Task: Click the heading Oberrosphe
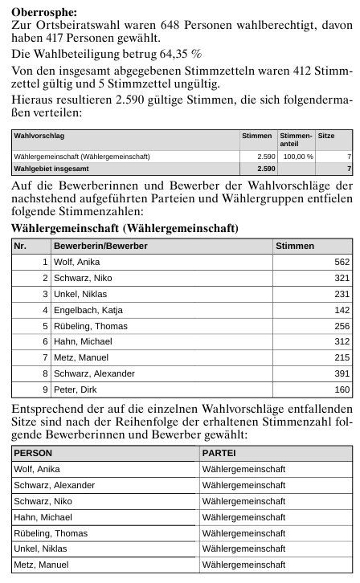(44, 13)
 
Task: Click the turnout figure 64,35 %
(179, 52)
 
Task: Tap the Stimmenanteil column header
(295, 140)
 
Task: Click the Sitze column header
(326, 137)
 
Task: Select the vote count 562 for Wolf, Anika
(342, 262)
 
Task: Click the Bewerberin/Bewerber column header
(100, 245)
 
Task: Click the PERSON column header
(33, 453)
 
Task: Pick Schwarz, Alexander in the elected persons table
(55, 485)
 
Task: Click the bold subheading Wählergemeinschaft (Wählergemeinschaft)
(125, 229)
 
